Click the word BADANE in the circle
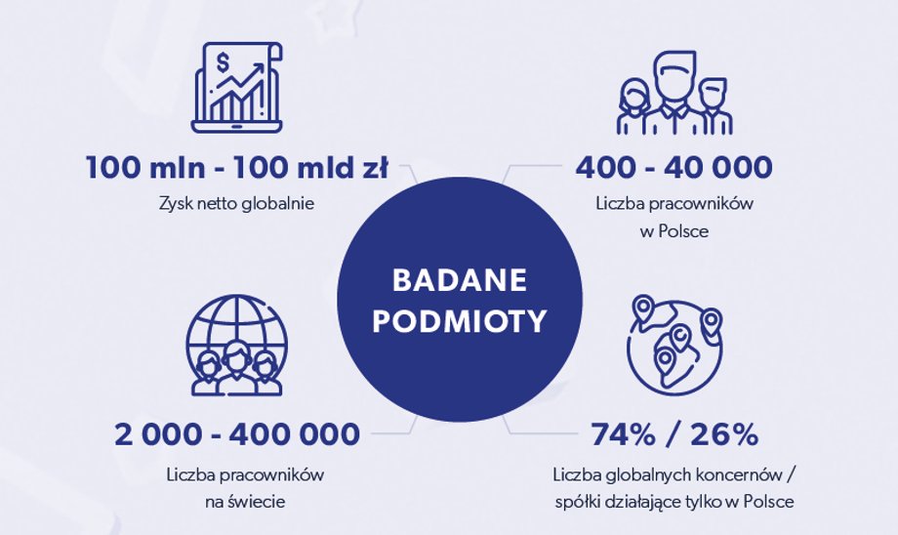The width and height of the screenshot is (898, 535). [x=460, y=280]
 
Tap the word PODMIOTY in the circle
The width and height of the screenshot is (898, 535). [x=460, y=321]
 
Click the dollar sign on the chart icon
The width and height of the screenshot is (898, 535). [x=223, y=62]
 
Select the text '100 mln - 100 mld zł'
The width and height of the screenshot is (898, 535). [x=237, y=168]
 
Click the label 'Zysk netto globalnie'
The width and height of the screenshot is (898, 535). [x=236, y=203]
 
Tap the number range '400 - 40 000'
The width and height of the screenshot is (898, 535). [x=673, y=168]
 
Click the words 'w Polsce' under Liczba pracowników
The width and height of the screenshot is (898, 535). [x=674, y=231]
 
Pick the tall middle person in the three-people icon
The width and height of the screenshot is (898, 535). [x=674, y=92]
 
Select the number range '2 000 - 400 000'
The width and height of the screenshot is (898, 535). [x=237, y=434]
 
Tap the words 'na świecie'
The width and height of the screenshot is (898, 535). [x=245, y=503]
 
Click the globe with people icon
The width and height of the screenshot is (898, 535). [x=236, y=345]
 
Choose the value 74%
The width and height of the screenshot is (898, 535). [x=623, y=434]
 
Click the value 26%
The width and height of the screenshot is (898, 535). [x=724, y=434]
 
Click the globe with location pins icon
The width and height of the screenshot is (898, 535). [x=674, y=345]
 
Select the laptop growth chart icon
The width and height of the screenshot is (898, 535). [x=237, y=88]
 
